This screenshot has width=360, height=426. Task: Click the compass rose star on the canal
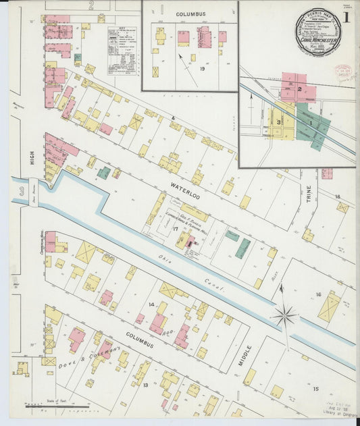[x=285, y=315]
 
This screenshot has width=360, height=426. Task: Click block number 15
[x=315, y=389]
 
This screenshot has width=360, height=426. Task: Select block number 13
[x=145, y=384]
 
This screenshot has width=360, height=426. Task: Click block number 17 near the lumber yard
[x=174, y=228]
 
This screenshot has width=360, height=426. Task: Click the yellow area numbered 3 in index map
[x=278, y=120]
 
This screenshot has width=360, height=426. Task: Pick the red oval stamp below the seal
[x=345, y=72]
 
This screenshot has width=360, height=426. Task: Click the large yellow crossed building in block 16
[x=330, y=307]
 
